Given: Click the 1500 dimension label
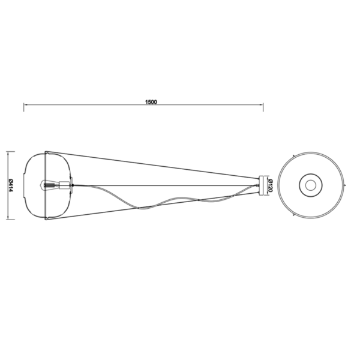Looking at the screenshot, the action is tap(151, 102).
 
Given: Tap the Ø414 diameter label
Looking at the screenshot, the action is tap(11, 185).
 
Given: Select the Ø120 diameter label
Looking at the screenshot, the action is tap(270, 185).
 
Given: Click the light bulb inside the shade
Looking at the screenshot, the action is tap(50, 185).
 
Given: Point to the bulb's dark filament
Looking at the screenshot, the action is tap(48, 185).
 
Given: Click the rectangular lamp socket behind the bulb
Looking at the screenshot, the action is tap(64, 185).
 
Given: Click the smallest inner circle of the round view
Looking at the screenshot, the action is tap(310, 185).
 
